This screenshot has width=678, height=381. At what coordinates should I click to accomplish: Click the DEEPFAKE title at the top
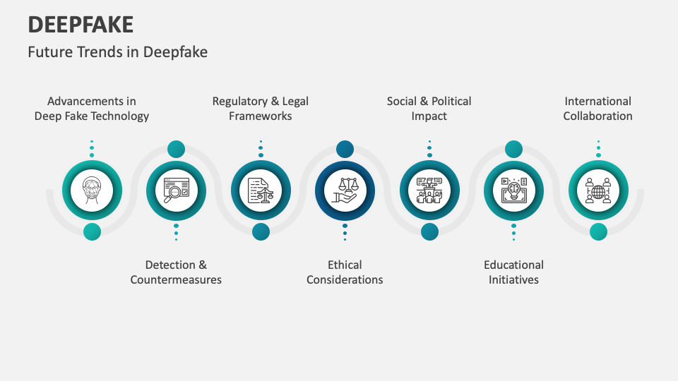coord(81,24)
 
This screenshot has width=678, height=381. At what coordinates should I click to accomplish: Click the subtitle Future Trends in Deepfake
coord(117,52)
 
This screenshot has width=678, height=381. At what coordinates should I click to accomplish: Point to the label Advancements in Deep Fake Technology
coord(92,109)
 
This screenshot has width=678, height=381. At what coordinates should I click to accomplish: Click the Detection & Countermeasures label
coord(176,272)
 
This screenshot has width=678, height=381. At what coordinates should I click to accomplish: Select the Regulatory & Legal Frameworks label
coord(261,109)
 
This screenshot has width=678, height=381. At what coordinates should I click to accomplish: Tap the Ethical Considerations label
coord(345,272)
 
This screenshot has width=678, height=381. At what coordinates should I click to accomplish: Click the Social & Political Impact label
coord(429,109)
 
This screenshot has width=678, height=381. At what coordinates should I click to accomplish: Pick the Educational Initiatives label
coord(513,272)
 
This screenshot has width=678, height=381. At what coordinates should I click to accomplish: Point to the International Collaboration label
coord(598,109)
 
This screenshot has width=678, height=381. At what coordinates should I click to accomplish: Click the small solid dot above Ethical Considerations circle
coord(345,149)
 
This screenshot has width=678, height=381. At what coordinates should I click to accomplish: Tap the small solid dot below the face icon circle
coord(92,231)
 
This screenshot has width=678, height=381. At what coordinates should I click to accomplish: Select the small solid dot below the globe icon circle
coord(598,231)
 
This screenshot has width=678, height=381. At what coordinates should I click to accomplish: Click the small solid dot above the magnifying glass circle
coord(176,149)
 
